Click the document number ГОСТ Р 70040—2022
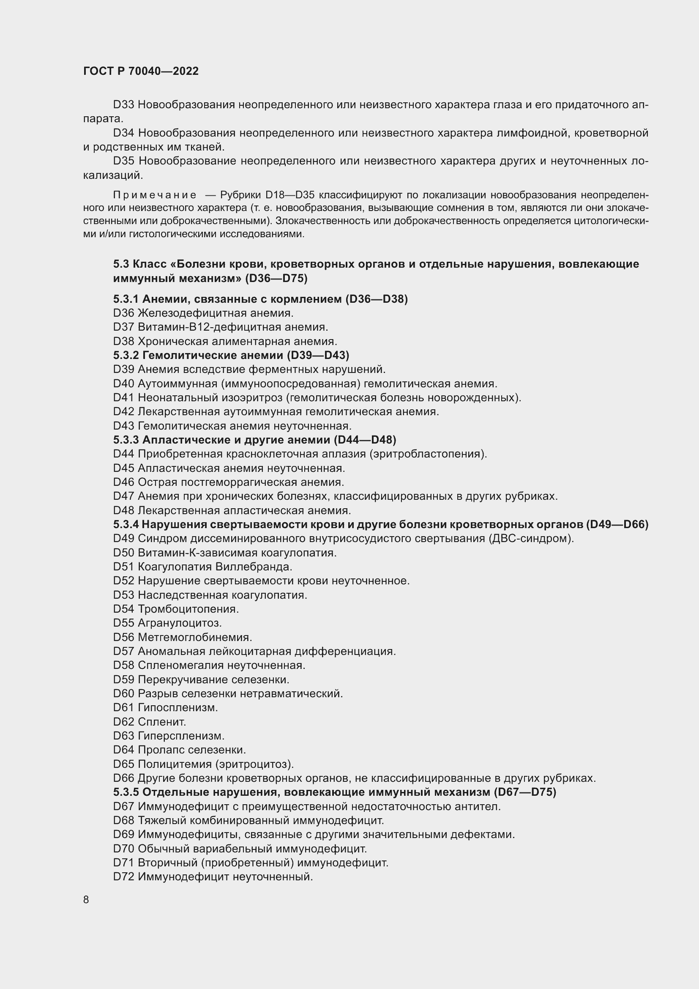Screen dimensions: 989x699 141,71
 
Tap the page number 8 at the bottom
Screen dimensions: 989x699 86,899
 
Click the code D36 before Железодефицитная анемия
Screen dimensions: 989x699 123,313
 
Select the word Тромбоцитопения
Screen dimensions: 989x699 188,609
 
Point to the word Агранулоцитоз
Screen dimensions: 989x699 180,623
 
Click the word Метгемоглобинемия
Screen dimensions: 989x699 194,637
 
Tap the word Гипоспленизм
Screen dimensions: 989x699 178,708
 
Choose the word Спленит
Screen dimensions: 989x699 162,721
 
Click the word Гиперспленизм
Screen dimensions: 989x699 181,736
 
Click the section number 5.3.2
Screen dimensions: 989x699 126,355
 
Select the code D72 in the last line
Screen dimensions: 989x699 123,877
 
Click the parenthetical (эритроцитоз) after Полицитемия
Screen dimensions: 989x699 255,764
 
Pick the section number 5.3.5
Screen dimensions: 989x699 126,792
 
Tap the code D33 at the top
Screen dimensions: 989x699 123,105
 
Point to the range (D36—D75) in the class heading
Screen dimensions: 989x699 276,279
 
